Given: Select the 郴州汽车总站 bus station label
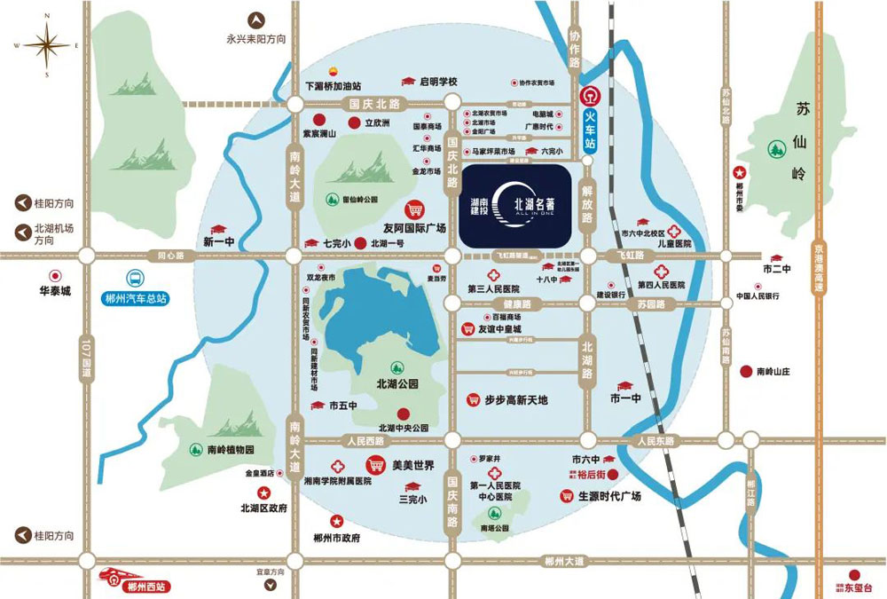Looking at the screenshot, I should [135, 298].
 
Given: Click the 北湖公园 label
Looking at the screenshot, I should [397, 384].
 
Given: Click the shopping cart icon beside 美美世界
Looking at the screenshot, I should [376, 464].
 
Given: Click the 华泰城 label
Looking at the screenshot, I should [54, 289].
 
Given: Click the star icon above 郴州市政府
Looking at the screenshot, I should [336, 521].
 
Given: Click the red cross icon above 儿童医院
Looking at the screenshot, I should [674, 230].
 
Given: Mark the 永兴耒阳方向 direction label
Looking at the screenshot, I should [256, 38].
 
